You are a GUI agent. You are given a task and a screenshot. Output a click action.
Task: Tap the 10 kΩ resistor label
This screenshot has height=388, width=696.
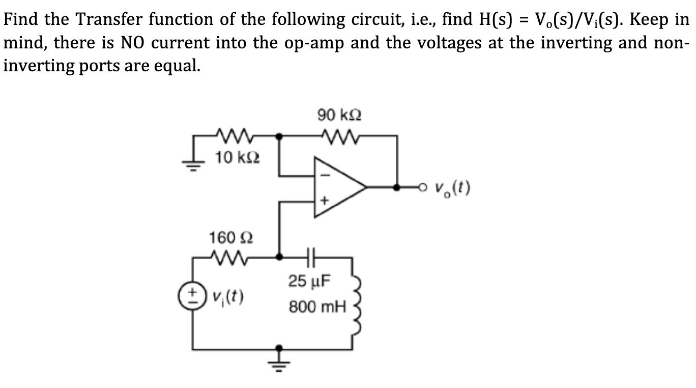coord(231,158)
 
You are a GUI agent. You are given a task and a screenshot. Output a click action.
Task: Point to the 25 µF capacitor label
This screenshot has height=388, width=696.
coord(310,281)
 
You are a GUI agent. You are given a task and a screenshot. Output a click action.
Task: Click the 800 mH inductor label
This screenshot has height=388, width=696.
coord(317,307)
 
